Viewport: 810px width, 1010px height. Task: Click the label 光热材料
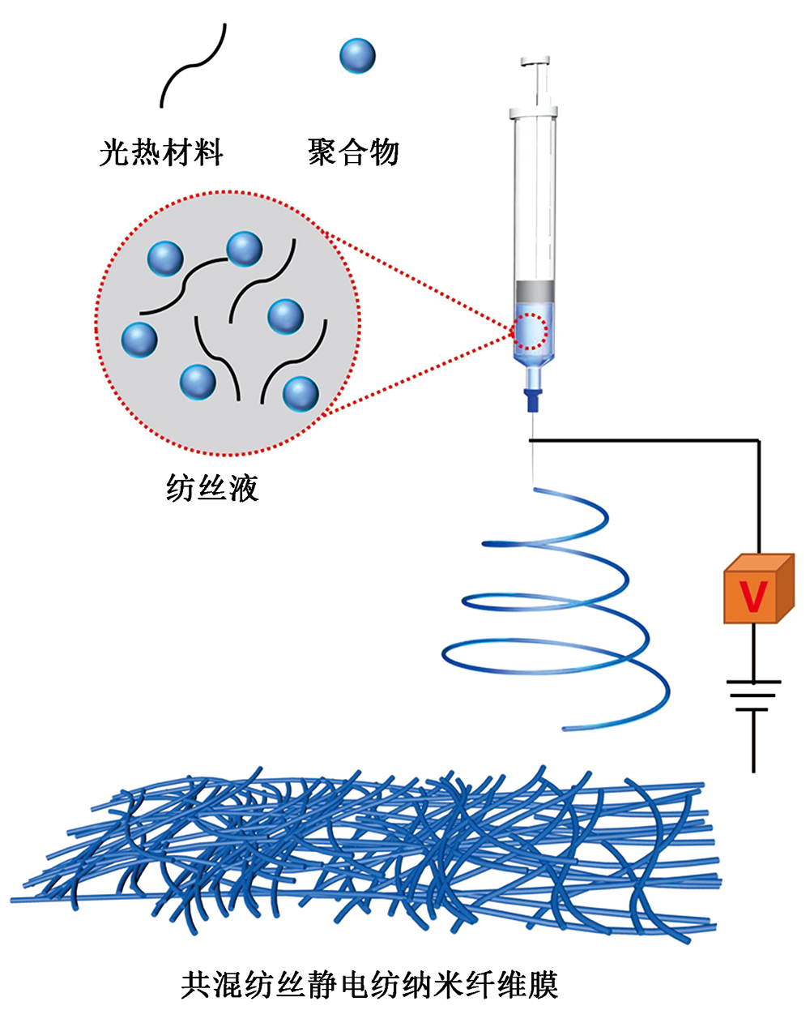tap(161, 152)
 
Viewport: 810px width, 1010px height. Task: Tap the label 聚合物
tap(354, 152)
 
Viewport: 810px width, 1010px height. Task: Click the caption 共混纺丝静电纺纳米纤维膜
tap(370, 985)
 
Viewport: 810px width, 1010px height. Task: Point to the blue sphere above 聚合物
tap(357, 56)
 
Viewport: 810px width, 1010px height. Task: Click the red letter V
tap(753, 597)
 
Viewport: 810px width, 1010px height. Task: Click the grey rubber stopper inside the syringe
tap(535, 289)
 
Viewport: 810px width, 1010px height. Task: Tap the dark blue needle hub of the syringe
tap(532, 400)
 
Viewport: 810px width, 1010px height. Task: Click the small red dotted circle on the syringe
tap(531, 331)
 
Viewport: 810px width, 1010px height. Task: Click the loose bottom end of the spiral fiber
tap(567, 727)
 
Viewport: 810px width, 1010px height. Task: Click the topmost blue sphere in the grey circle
tap(244, 249)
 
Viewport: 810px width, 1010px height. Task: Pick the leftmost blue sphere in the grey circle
tap(139, 339)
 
